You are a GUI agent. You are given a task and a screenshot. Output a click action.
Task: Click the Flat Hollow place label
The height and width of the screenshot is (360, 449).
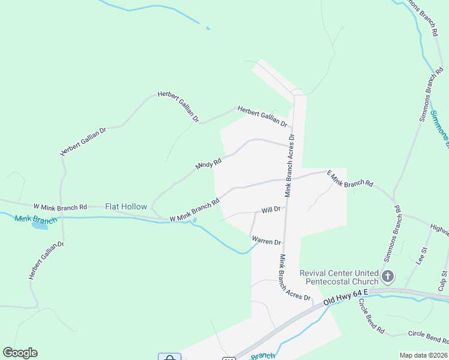point(126,206)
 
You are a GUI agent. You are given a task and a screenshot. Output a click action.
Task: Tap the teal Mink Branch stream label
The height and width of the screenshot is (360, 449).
point(35,220)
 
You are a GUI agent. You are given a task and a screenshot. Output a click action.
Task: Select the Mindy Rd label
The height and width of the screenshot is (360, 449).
point(209,164)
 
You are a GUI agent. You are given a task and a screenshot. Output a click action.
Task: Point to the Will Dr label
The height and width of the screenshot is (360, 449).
point(271,210)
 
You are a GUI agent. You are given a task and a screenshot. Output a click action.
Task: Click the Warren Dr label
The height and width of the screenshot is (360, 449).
point(267,241)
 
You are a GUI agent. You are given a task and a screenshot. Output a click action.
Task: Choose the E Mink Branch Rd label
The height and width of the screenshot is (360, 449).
point(350,178)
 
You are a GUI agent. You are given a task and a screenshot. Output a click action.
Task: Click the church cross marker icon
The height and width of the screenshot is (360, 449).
point(388,277)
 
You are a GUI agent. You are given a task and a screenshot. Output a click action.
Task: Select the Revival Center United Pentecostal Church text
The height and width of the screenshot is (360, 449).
point(339,277)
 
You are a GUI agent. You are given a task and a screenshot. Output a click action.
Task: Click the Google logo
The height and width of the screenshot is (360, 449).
point(20,353)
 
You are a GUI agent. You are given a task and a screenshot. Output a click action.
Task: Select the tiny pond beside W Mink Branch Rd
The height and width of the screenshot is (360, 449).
point(193,220)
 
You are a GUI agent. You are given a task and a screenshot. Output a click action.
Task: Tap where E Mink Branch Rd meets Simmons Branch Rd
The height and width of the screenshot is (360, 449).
point(393,201)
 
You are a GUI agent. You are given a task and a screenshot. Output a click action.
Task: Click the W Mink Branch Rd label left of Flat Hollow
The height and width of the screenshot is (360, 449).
point(60,206)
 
